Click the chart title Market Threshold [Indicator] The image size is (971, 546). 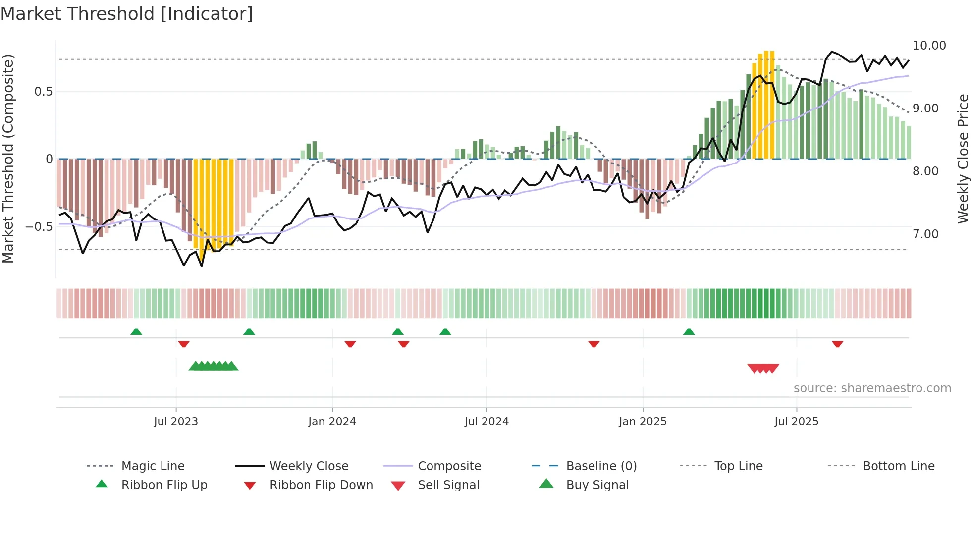tap(127, 14)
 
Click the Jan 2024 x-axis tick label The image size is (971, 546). tap(332, 422)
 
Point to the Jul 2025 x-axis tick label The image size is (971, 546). tap(796, 422)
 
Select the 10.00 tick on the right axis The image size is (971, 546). tap(929, 46)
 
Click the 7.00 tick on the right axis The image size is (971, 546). tap(925, 234)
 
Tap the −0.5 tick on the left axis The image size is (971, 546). tap(39, 227)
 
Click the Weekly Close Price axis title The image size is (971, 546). tap(963, 159)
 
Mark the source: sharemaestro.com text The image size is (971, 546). tap(872, 388)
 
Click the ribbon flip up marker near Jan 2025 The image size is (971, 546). tap(689, 332)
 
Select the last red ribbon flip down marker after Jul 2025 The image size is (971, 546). tap(837, 344)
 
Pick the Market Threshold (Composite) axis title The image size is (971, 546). tap(8, 159)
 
